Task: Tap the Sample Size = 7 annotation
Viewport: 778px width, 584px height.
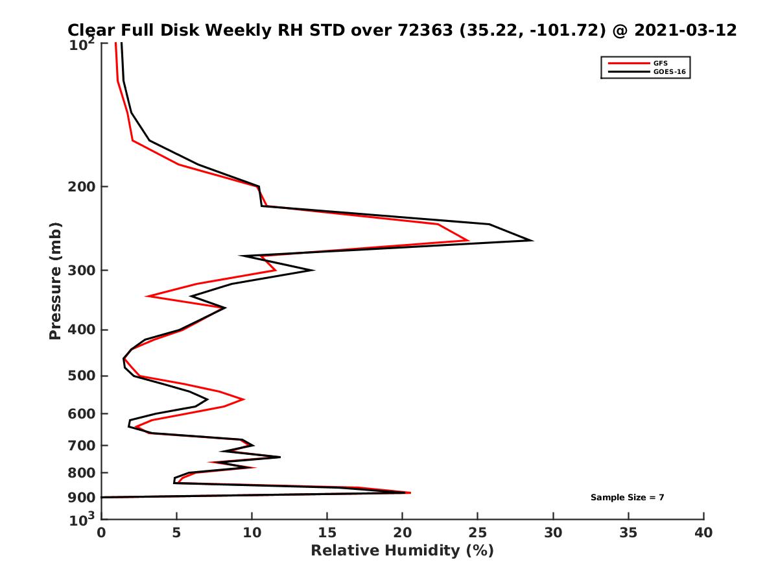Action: (x=627, y=497)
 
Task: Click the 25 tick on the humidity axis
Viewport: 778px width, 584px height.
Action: (x=478, y=533)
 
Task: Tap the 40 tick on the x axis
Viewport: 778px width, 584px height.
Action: (x=703, y=533)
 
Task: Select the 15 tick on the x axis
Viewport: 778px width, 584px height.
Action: (x=327, y=533)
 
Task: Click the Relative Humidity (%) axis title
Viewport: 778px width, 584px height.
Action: (x=402, y=551)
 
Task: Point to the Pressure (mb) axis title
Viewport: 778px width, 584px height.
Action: (x=55, y=280)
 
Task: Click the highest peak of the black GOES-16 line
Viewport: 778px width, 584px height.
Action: (x=532, y=241)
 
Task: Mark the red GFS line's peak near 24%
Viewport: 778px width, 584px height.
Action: (x=468, y=240)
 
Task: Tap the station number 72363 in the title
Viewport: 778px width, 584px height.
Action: (x=424, y=30)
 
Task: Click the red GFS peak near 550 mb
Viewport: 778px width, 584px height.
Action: (x=244, y=399)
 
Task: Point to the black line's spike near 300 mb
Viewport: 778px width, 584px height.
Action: (x=314, y=271)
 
